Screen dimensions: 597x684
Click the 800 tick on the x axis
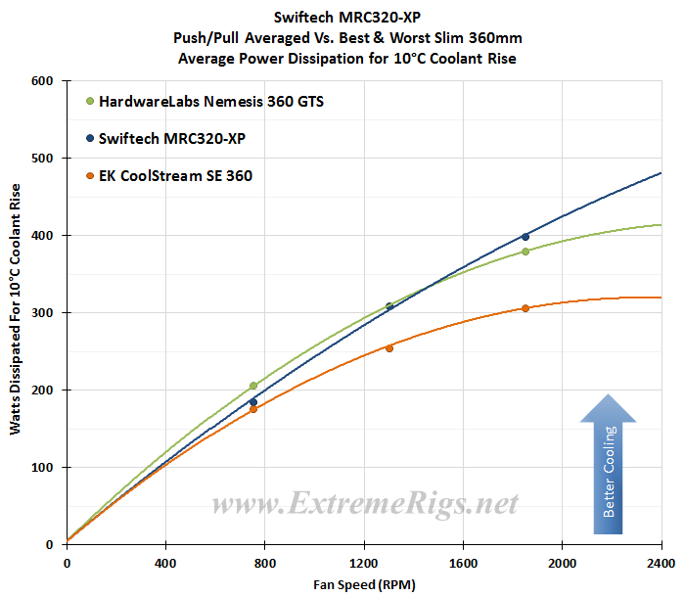coord(264,563)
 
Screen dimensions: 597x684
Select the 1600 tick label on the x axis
coord(463,563)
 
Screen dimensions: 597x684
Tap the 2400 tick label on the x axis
coord(661,563)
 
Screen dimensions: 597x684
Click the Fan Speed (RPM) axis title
coord(363,584)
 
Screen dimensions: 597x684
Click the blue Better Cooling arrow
coord(608,464)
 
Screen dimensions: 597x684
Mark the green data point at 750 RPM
coord(252,386)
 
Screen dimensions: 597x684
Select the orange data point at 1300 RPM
coord(389,348)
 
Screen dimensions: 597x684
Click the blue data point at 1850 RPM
coord(525,237)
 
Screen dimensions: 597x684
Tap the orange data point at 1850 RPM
coord(525,308)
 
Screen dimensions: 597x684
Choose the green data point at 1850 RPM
coord(525,252)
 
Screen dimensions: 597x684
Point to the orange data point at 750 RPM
coord(252,409)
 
